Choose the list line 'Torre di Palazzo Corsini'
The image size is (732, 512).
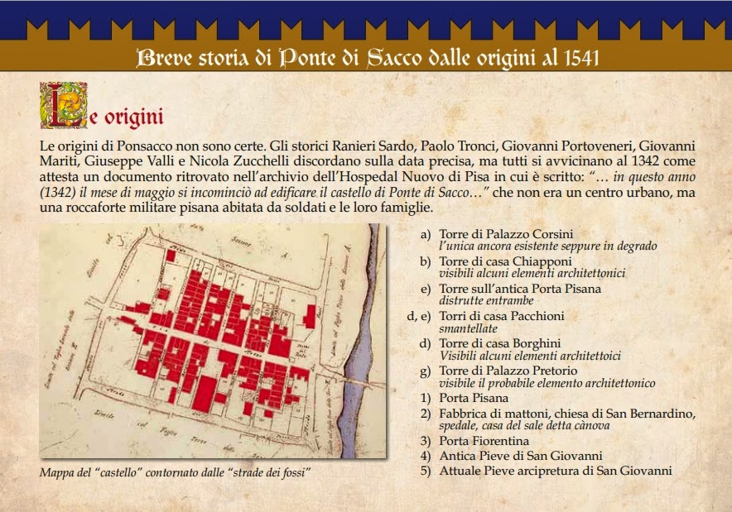click(x=506, y=233)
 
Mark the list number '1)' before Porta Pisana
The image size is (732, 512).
click(x=426, y=398)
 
